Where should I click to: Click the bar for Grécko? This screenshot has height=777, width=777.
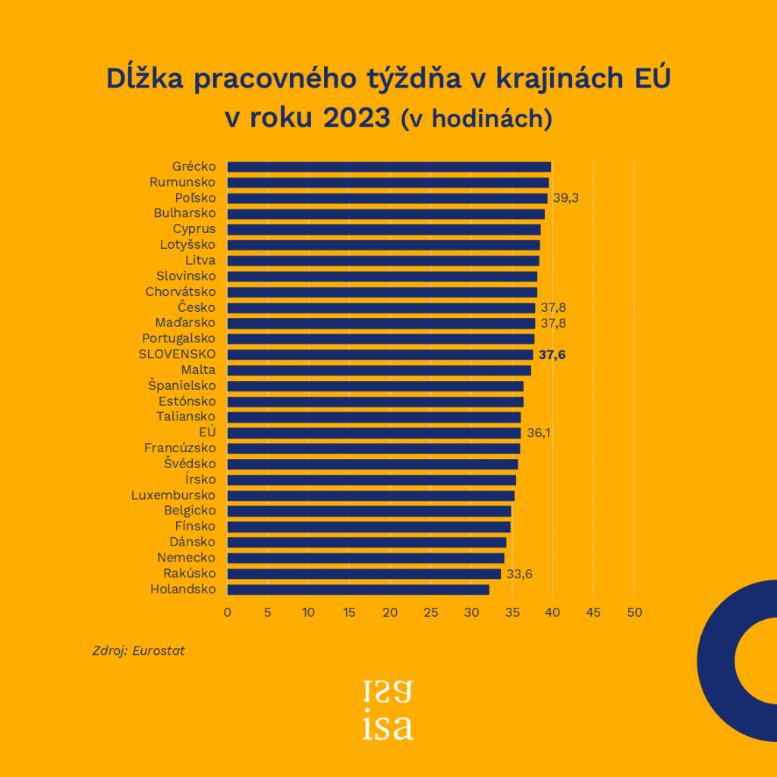(x=388, y=167)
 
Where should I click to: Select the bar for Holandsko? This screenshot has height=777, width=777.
(x=358, y=590)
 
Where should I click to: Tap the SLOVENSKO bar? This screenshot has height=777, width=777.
(x=379, y=354)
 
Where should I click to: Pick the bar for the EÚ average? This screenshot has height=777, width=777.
(x=373, y=433)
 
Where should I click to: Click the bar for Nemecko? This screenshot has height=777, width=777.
(x=366, y=558)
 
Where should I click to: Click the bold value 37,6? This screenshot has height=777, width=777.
(x=552, y=354)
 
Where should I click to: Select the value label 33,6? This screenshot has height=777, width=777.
(x=519, y=574)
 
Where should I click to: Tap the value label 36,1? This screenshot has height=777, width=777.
(x=539, y=433)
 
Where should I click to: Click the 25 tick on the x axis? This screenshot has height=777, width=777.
(x=431, y=612)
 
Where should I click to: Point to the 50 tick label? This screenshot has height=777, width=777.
(x=634, y=612)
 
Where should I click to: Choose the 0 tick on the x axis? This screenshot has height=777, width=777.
(x=227, y=612)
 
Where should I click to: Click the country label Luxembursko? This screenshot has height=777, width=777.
(x=174, y=495)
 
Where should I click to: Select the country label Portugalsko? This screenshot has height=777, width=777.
(x=179, y=338)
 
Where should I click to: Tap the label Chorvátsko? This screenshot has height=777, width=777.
(x=181, y=291)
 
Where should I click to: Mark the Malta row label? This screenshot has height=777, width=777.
(x=199, y=370)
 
